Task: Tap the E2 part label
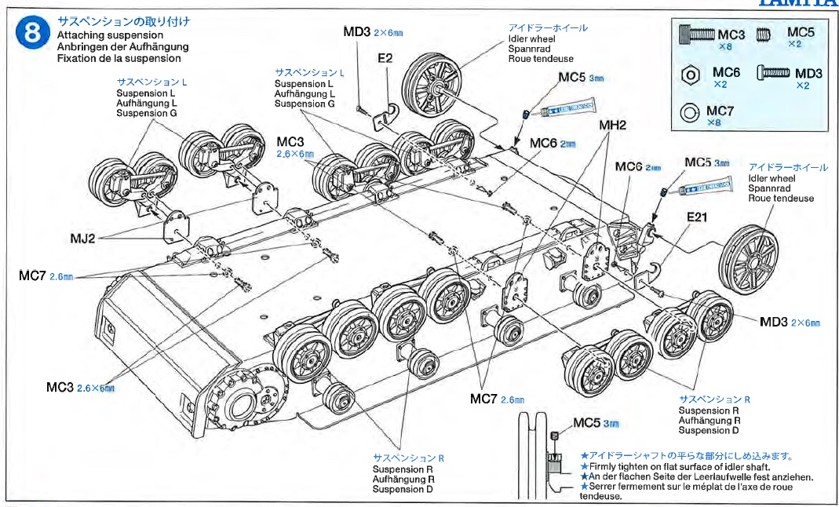tap(385, 58)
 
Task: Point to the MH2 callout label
tap(612, 125)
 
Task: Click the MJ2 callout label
tap(80, 238)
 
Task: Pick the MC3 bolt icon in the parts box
tap(696, 35)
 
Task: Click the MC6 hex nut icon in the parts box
tap(690, 75)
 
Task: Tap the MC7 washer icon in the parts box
tap(690, 113)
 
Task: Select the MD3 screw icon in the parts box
tap(772, 74)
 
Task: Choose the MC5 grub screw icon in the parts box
tap(761, 34)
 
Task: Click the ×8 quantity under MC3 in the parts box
tap(726, 47)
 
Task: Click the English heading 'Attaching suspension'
tap(110, 35)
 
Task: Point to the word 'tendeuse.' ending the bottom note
tap(600, 496)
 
